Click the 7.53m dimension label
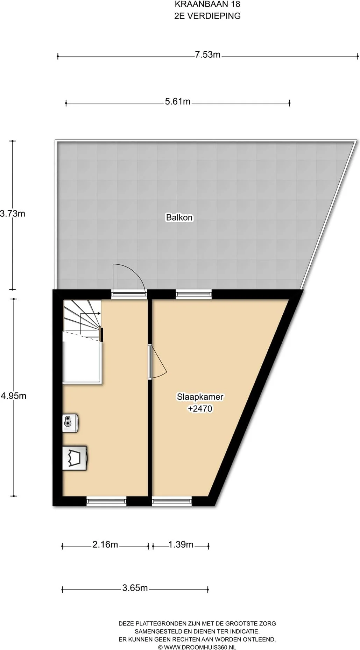click(x=208, y=55)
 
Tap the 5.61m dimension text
click(x=178, y=101)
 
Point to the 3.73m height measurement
click(x=13, y=213)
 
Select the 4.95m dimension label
click(x=14, y=396)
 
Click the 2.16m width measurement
click(x=105, y=544)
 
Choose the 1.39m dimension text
click(x=181, y=544)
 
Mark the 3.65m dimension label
click(x=135, y=588)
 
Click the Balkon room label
click(x=179, y=217)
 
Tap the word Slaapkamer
click(x=200, y=397)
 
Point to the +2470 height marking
click(x=200, y=408)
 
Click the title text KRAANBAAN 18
click(x=207, y=5)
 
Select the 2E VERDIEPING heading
click(x=207, y=16)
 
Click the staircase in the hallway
click(x=82, y=319)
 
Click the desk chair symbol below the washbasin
click(x=75, y=458)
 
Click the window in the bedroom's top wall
click(x=194, y=294)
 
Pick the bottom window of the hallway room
click(x=106, y=501)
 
